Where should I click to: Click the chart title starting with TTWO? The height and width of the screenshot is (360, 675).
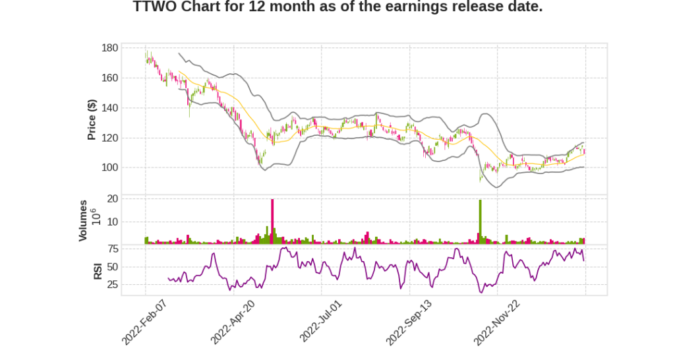(x=337, y=7)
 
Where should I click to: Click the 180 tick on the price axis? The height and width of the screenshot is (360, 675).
(x=110, y=48)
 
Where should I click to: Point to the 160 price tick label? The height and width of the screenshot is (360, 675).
(x=110, y=78)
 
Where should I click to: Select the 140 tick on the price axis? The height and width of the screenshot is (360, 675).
(x=110, y=108)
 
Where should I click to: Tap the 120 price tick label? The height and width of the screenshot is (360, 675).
(x=110, y=138)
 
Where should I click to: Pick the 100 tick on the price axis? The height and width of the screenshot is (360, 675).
(x=110, y=167)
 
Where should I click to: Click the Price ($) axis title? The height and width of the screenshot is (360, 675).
(x=92, y=119)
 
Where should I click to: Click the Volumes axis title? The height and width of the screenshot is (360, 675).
(x=83, y=220)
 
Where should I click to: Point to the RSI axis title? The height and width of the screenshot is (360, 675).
(x=97, y=270)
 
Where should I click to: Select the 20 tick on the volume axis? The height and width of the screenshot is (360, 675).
(x=113, y=198)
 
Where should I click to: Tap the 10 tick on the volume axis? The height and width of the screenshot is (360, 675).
(x=113, y=222)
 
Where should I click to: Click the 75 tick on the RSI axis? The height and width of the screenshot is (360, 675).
(x=113, y=249)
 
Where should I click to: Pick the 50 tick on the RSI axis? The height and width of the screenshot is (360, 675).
(x=113, y=267)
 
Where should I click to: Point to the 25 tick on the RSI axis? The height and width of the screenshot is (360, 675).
(x=113, y=285)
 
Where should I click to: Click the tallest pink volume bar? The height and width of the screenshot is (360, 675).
(x=272, y=222)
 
